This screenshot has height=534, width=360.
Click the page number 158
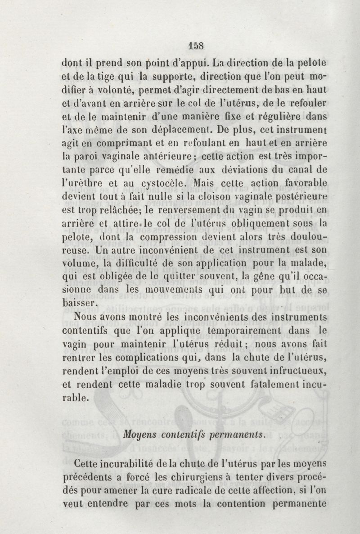[x=196, y=45]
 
